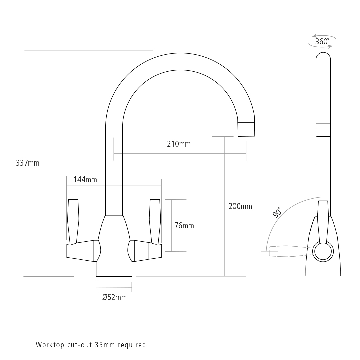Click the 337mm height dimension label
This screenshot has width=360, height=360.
pyautogui.click(x=28, y=163)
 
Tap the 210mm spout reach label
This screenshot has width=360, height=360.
pyautogui.click(x=179, y=144)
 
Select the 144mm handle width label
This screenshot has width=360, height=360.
pyautogui.click(x=85, y=180)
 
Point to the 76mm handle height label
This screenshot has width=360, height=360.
pyautogui.click(x=184, y=226)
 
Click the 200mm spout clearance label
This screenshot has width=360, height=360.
pyautogui.click(x=240, y=206)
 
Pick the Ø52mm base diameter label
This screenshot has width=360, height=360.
pyautogui.click(x=114, y=297)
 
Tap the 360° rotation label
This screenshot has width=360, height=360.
pyautogui.click(x=322, y=42)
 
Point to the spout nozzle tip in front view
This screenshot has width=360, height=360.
pyautogui.click(x=246, y=129)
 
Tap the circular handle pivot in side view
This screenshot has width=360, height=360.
pyautogui.click(x=323, y=251)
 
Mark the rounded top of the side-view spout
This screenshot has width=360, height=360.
pyautogui.click(x=323, y=57)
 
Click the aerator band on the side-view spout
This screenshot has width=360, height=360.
pyautogui.click(x=323, y=129)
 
